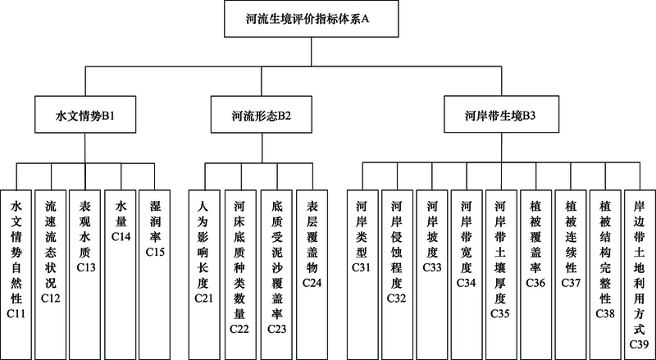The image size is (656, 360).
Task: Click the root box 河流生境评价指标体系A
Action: tap(311, 19)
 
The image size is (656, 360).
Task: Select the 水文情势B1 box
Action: tap(85, 115)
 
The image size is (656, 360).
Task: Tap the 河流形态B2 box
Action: tap(261, 115)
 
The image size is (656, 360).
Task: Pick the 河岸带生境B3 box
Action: tap(501, 115)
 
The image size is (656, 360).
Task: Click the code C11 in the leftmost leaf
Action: tap(16, 314)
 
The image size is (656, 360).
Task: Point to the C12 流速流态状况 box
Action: tap(51, 275)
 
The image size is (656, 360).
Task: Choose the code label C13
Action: tap(86, 267)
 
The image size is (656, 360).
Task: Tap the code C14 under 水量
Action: tap(121, 237)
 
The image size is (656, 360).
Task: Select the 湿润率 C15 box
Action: tap(155, 275)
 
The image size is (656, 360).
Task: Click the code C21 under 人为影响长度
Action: tap(204, 298)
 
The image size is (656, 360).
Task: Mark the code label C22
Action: tap(239, 329)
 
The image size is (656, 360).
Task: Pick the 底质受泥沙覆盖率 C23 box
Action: tap(276, 275)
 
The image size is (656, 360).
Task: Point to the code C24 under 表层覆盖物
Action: tap(312, 283)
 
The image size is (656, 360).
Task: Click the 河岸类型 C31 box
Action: tap(362, 275)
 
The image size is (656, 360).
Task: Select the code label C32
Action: tap(397, 298)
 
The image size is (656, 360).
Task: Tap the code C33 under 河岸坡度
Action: tap(432, 267)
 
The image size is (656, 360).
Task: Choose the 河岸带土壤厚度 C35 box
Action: tap(501, 275)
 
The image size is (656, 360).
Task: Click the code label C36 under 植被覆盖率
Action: tap(536, 283)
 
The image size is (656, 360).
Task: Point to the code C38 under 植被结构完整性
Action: tap(605, 314)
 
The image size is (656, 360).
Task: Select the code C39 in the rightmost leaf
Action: tap(640, 344)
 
